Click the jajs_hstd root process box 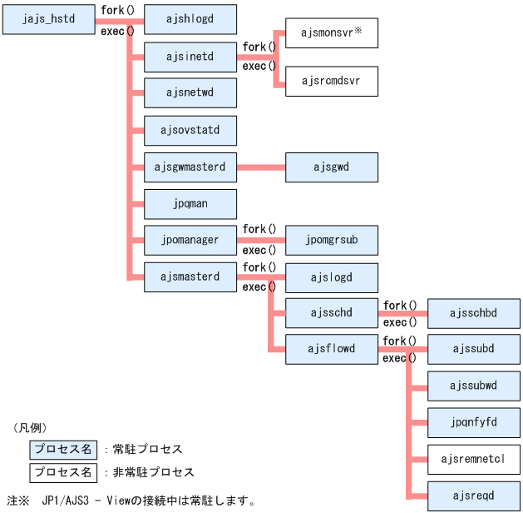[x=49, y=17]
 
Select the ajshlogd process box [x=190, y=17]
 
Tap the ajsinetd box [x=190, y=57]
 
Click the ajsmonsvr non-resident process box [x=332, y=33]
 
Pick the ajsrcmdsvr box [x=332, y=82]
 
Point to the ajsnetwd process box [x=190, y=92]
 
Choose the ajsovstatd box [x=190, y=130]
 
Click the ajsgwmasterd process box [x=190, y=167]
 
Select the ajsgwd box [x=332, y=167]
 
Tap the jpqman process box [x=190, y=203]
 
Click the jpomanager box [x=190, y=240]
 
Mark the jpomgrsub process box [x=332, y=240]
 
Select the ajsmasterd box [x=190, y=276]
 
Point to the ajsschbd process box [x=473, y=313]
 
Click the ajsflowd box [x=332, y=349]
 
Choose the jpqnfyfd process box [x=473, y=422]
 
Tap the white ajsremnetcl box [x=473, y=459]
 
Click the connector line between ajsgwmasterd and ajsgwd [x=261, y=167]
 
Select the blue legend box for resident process [x=62, y=450]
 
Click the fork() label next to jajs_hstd [x=117, y=11]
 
